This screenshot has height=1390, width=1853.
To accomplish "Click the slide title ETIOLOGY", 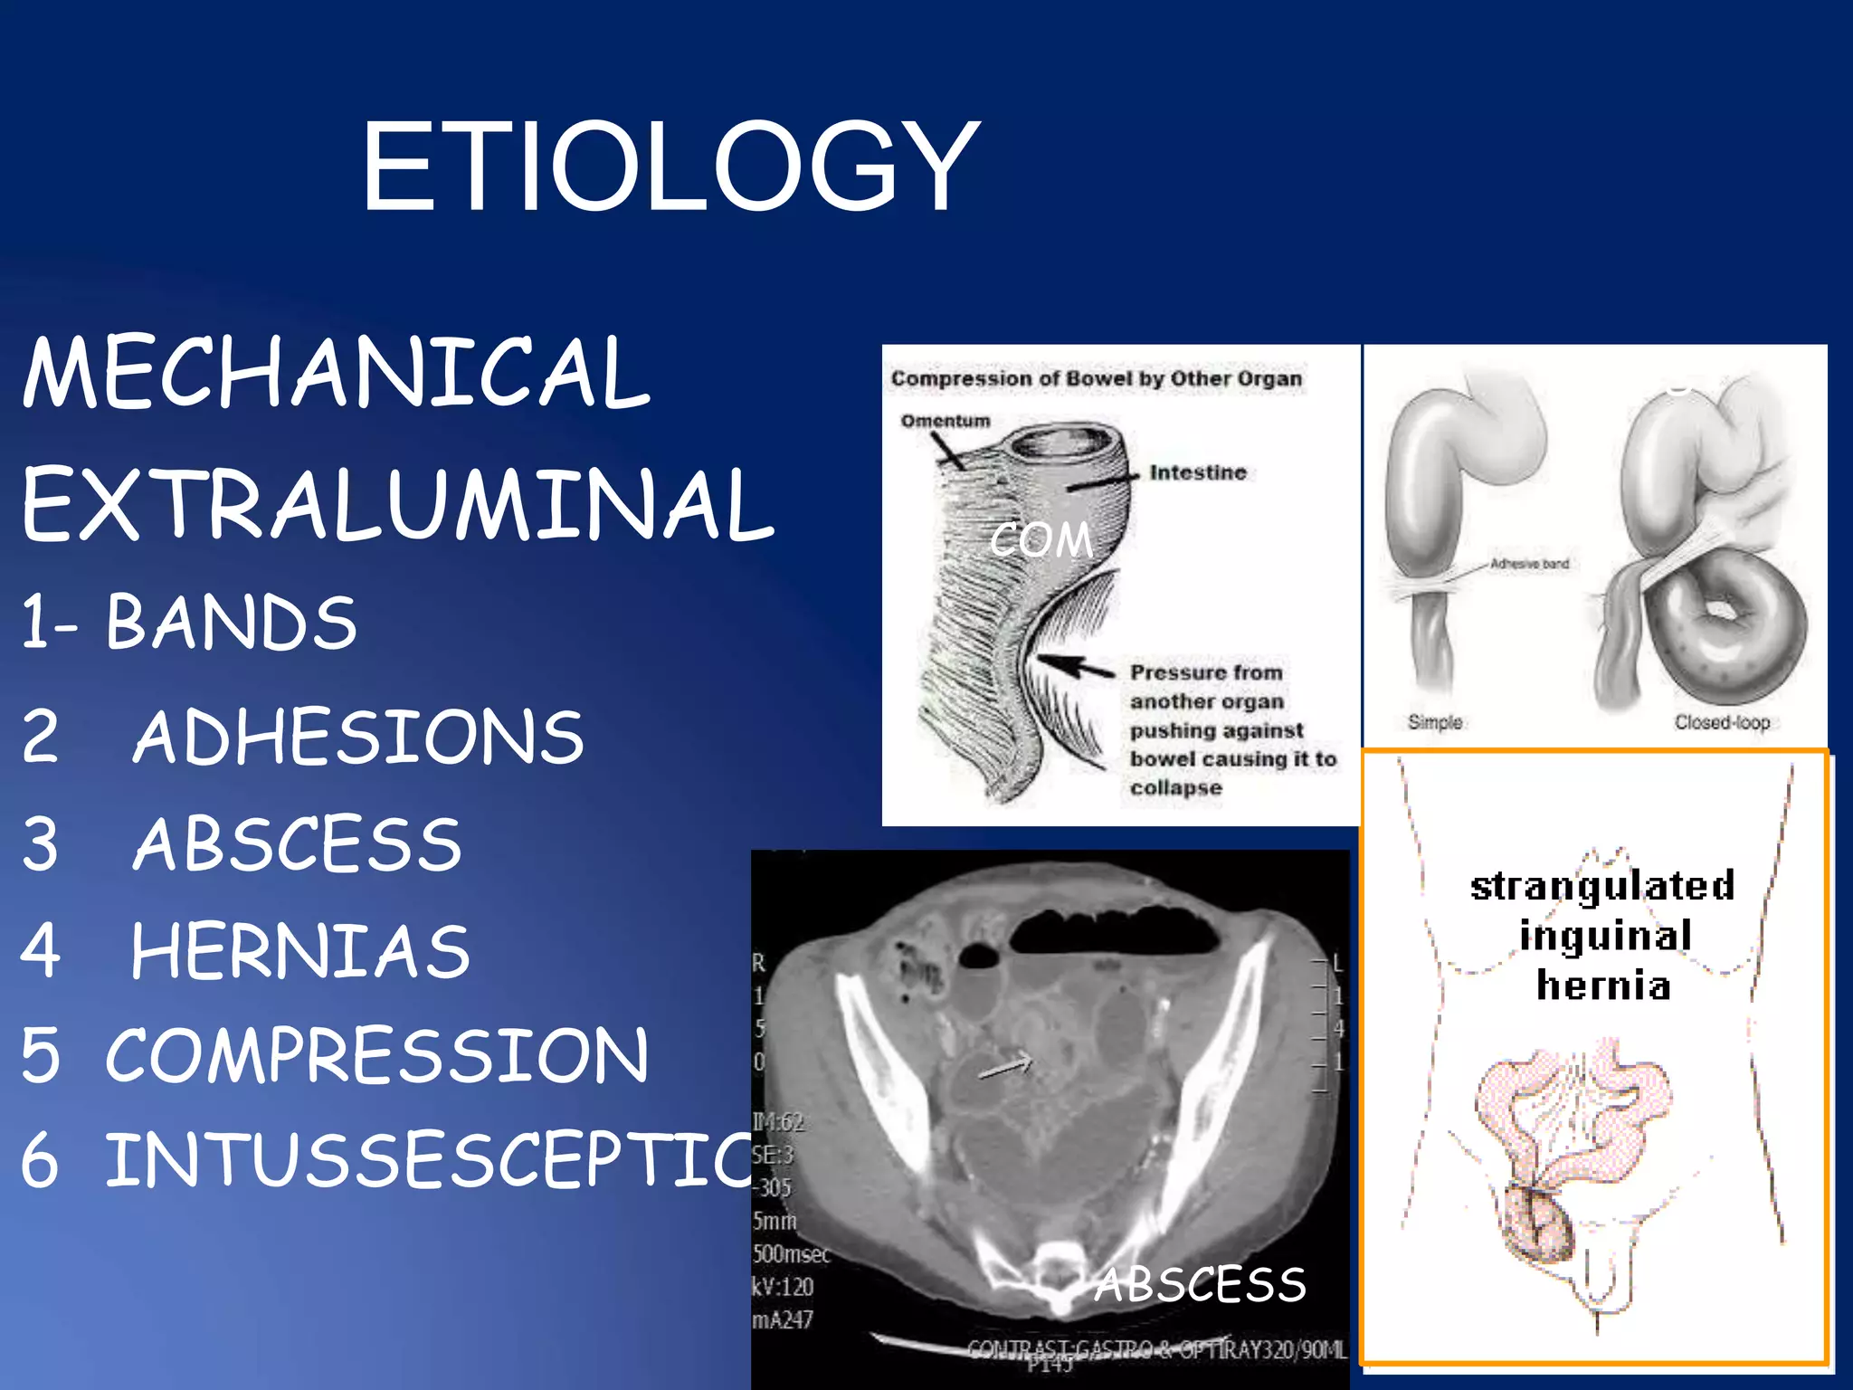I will (x=670, y=167).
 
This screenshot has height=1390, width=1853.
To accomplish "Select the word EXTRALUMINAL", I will (x=398, y=505).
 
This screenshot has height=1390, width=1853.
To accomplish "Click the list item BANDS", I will (x=231, y=623).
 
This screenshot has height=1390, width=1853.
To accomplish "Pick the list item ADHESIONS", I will (x=357, y=737).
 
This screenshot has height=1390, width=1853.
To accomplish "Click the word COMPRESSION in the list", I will (x=376, y=1055).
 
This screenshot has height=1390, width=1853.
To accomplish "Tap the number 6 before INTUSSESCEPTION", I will (x=40, y=1161).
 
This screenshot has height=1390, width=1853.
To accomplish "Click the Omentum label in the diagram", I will (x=945, y=421).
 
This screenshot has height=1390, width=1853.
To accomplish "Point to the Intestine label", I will (x=1197, y=472).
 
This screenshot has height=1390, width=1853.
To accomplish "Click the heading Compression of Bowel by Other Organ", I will (x=1096, y=378).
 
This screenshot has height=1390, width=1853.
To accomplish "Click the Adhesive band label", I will (x=1529, y=564).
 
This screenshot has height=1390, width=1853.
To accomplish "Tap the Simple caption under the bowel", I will (x=1434, y=722).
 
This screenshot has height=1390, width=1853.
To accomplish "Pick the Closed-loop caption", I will (x=1721, y=722).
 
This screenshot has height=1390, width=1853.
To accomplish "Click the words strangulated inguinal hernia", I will (x=1602, y=935).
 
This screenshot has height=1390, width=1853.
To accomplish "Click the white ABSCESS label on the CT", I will (x=1200, y=1285).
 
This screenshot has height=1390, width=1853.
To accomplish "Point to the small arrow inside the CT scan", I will (x=1006, y=1067).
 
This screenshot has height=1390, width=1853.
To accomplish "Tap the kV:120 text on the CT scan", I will (x=783, y=1286).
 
